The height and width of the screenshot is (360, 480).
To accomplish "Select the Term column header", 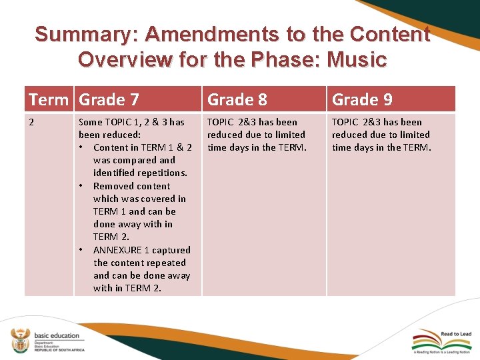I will tap(48, 99).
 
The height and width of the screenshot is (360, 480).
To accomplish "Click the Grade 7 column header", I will tap(109, 99).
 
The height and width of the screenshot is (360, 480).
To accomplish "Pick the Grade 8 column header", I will tap(237, 99).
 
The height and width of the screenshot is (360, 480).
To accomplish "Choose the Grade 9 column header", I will tap(362, 99).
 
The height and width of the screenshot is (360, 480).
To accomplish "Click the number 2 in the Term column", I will tap(31, 123).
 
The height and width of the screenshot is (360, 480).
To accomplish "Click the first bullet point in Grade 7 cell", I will tap(81, 147).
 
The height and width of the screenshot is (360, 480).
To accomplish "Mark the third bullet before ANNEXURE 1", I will tap(81, 250).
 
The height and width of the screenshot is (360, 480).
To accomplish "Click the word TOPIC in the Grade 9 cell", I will tap(345, 122).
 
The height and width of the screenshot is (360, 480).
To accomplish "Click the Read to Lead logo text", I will tap(456, 334).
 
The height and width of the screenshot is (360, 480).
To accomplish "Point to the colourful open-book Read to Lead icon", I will tap(426, 338).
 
